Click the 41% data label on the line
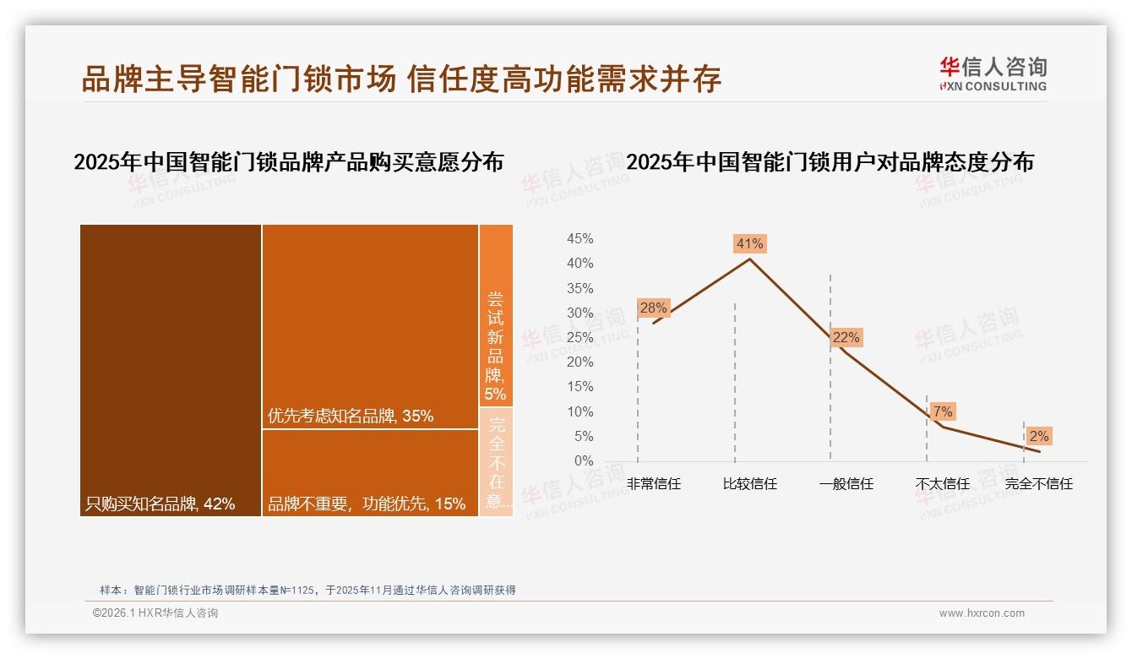point(749,243)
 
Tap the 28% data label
point(653,308)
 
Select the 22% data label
point(846,337)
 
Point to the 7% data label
point(943,411)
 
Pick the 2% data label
point(1038,436)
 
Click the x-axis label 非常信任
point(653,484)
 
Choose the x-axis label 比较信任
point(749,484)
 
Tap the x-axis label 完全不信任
point(1038,484)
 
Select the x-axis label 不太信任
point(942,484)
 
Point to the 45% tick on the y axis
point(580,239)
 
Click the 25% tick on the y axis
point(580,338)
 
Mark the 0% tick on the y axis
point(584,461)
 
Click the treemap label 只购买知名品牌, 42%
point(161,504)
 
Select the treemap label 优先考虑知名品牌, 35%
point(351,416)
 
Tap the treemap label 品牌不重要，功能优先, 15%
point(367,504)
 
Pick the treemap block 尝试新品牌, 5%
point(496,346)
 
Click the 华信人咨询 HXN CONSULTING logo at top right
point(993,74)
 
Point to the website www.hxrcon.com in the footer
point(982,613)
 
